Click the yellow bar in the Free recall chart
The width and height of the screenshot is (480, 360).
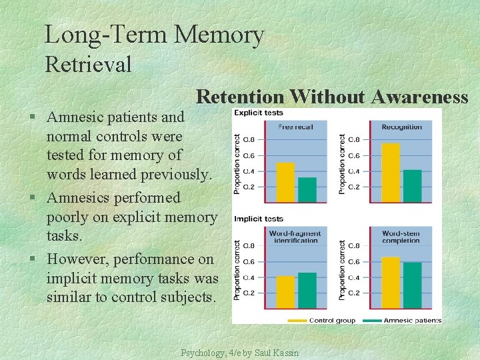pos(285,182)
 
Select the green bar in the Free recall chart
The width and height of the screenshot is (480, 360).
pos(307,189)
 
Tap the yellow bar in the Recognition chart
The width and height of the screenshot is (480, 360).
pos(391,172)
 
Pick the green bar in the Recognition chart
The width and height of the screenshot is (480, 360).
pos(413,185)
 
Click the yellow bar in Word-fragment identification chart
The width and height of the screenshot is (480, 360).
pos(285,292)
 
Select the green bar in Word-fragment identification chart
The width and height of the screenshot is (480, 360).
pos(307,290)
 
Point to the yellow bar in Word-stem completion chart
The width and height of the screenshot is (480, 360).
pos(391,283)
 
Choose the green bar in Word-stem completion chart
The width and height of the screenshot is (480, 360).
pos(413,285)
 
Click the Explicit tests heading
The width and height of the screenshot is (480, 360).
pos(259,113)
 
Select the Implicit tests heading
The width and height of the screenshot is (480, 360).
pos(259,219)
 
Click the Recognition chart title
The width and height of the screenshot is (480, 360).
pos(401,127)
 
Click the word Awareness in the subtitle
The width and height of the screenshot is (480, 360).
pos(420,97)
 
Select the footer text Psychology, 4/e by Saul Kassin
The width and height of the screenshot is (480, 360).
pos(240,353)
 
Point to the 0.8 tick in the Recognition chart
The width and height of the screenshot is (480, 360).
pos(353,139)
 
